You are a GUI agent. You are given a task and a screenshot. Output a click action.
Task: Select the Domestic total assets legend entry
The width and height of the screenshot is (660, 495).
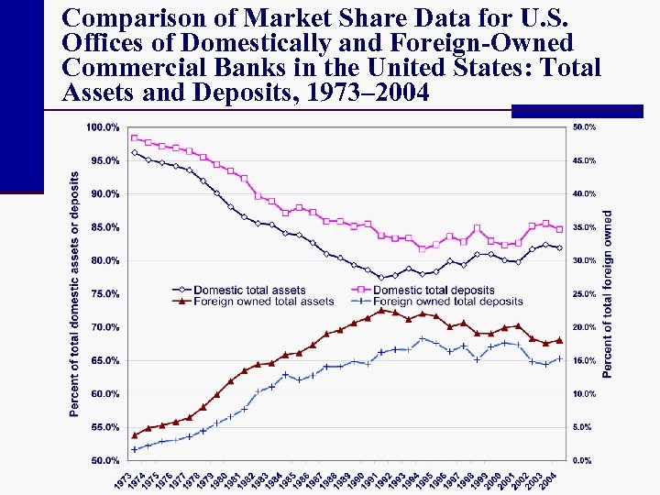[x=249, y=291]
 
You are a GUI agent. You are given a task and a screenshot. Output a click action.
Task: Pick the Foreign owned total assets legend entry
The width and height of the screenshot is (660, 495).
[x=264, y=301]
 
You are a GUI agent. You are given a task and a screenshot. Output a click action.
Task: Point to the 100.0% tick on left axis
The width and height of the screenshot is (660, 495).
[x=103, y=126]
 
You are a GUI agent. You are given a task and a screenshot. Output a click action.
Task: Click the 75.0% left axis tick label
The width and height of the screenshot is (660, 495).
[x=104, y=293]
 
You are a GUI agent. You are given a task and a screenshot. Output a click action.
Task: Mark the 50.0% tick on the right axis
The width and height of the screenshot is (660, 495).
[x=584, y=126]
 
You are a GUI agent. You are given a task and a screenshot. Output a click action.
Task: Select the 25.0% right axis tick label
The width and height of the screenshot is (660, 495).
[x=584, y=293]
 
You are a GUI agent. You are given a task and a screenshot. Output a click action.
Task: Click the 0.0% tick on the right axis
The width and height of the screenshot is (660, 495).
[x=582, y=460]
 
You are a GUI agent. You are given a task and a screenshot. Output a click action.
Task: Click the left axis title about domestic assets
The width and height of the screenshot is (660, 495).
[x=75, y=293]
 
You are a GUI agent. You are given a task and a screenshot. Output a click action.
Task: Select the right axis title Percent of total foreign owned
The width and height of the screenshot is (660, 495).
[x=607, y=293]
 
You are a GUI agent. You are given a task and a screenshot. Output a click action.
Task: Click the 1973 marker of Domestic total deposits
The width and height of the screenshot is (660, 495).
[x=135, y=137]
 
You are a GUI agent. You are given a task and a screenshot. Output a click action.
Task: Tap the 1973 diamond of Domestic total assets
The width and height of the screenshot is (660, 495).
[x=135, y=153]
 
